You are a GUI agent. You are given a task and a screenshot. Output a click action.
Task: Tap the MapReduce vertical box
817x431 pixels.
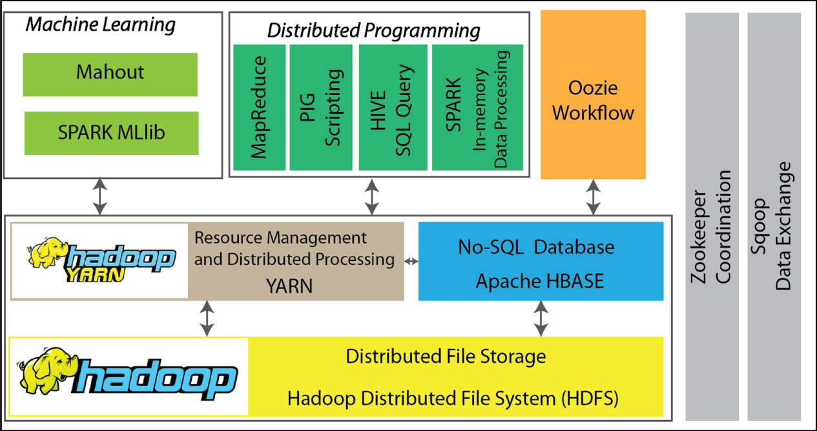259,107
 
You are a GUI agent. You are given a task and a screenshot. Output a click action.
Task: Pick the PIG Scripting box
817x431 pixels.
321,107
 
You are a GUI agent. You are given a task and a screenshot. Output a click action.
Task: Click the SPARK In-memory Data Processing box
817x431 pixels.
477,107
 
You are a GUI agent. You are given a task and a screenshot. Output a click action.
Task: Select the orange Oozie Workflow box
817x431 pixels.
592,95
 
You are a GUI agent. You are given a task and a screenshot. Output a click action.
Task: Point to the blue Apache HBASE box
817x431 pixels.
541,262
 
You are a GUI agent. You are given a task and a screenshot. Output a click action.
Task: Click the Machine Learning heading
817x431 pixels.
100,25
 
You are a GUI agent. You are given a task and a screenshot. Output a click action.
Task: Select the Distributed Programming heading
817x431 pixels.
374,30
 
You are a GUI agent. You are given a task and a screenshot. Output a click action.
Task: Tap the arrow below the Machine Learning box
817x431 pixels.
99,197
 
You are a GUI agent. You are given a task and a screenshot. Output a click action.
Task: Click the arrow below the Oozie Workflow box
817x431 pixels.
592,197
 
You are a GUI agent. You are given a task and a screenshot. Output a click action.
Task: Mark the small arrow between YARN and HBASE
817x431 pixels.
411,261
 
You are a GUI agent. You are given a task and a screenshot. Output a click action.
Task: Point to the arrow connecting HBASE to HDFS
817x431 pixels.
541,319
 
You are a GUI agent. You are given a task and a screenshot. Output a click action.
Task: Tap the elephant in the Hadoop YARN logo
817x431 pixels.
46,253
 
